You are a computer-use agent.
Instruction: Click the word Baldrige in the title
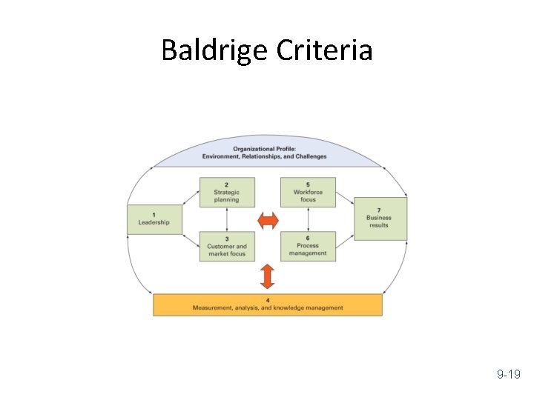[x=215, y=50]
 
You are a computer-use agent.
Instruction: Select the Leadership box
[x=154, y=219]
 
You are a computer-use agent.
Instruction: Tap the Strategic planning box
[x=227, y=192]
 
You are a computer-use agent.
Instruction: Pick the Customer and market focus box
[x=227, y=246]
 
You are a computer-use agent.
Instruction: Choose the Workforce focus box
[x=308, y=192]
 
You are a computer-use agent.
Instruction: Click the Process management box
[x=308, y=246]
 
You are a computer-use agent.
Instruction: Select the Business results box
[x=380, y=218]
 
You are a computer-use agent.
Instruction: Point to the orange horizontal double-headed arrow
[x=268, y=220]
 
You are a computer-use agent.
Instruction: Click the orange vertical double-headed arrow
[x=268, y=276]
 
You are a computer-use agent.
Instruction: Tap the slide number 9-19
[x=508, y=376]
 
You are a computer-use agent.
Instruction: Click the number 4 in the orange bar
[x=268, y=300]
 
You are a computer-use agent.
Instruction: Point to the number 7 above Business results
[x=378, y=210]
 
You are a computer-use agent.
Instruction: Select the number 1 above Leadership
[x=154, y=215]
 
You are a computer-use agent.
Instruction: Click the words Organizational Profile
[x=264, y=149]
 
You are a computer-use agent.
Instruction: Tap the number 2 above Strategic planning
[x=226, y=184]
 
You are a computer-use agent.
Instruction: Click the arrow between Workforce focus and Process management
[x=308, y=219]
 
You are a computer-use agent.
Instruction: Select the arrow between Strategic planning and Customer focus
[x=227, y=219]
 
